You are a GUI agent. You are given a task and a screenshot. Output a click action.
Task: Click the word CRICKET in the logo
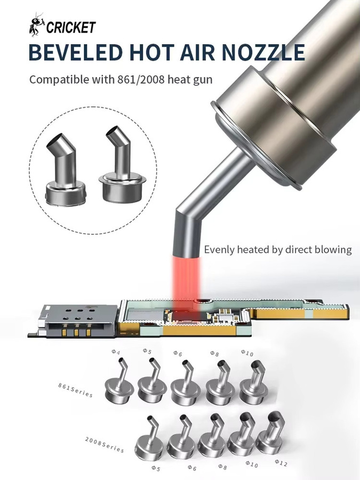[x=71, y=27]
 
